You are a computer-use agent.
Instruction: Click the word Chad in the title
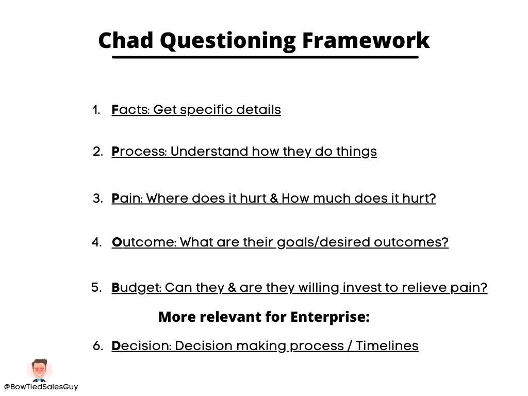pyautogui.click(x=126, y=40)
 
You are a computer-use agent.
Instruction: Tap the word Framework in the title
pyautogui.click(x=366, y=40)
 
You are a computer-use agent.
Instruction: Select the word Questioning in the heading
pyautogui.click(x=227, y=41)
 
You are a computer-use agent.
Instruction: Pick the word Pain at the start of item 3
pyautogui.click(x=127, y=199)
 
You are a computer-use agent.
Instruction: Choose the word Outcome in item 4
pyautogui.click(x=144, y=242)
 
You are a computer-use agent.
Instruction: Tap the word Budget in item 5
pyautogui.click(x=136, y=288)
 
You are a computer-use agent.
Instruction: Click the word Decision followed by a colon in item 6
pyautogui.click(x=141, y=346)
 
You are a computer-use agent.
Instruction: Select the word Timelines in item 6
pyautogui.click(x=387, y=346)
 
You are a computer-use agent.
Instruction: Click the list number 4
pyautogui.click(x=96, y=242)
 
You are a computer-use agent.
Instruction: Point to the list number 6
pyautogui.click(x=97, y=346)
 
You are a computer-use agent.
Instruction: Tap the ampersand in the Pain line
pyautogui.click(x=274, y=199)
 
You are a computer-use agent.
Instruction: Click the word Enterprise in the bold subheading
pyautogui.click(x=330, y=317)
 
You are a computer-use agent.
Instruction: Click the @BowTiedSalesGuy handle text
pyautogui.click(x=41, y=387)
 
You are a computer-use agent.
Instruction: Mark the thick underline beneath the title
pyautogui.click(x=266, y=57)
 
